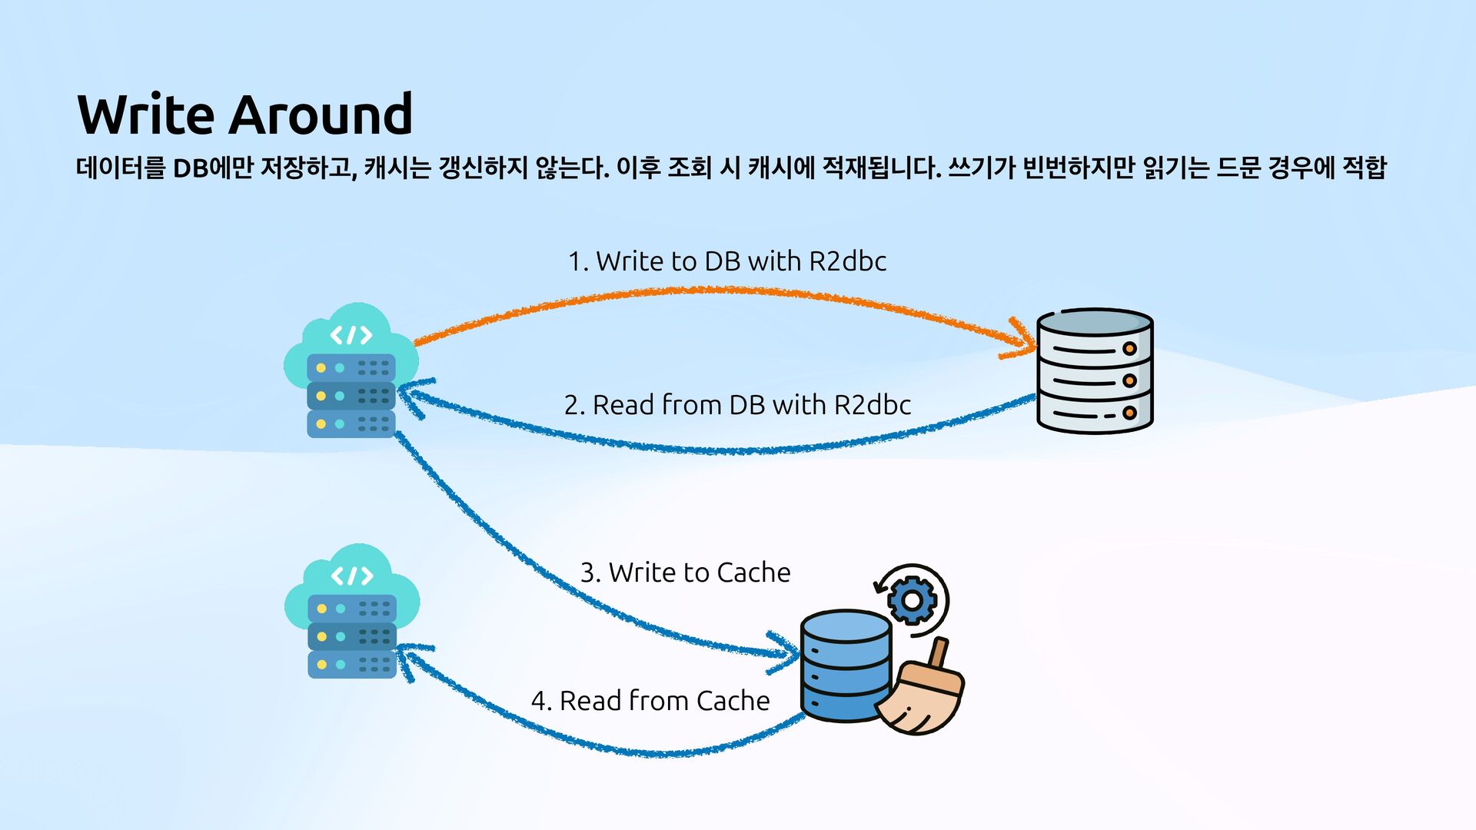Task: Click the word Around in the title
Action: [321, 115]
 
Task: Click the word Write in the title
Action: [146, 115]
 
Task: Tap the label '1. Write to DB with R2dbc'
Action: [726, 261]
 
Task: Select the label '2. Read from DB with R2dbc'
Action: [737, 405]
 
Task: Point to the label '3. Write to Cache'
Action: [685, 573]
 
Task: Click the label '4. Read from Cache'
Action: [650, 701]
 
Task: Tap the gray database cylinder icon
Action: [1094, 370]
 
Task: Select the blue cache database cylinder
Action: [846, 666]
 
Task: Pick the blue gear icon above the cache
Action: [912, 599]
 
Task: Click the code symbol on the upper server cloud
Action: [351, 335]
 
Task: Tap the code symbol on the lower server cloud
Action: [352, 576]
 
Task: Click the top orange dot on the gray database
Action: [1129, 348]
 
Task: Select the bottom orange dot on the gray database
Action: [1129, 413]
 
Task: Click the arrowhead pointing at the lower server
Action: [407, 659]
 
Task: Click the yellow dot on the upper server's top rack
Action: [321, 368]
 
